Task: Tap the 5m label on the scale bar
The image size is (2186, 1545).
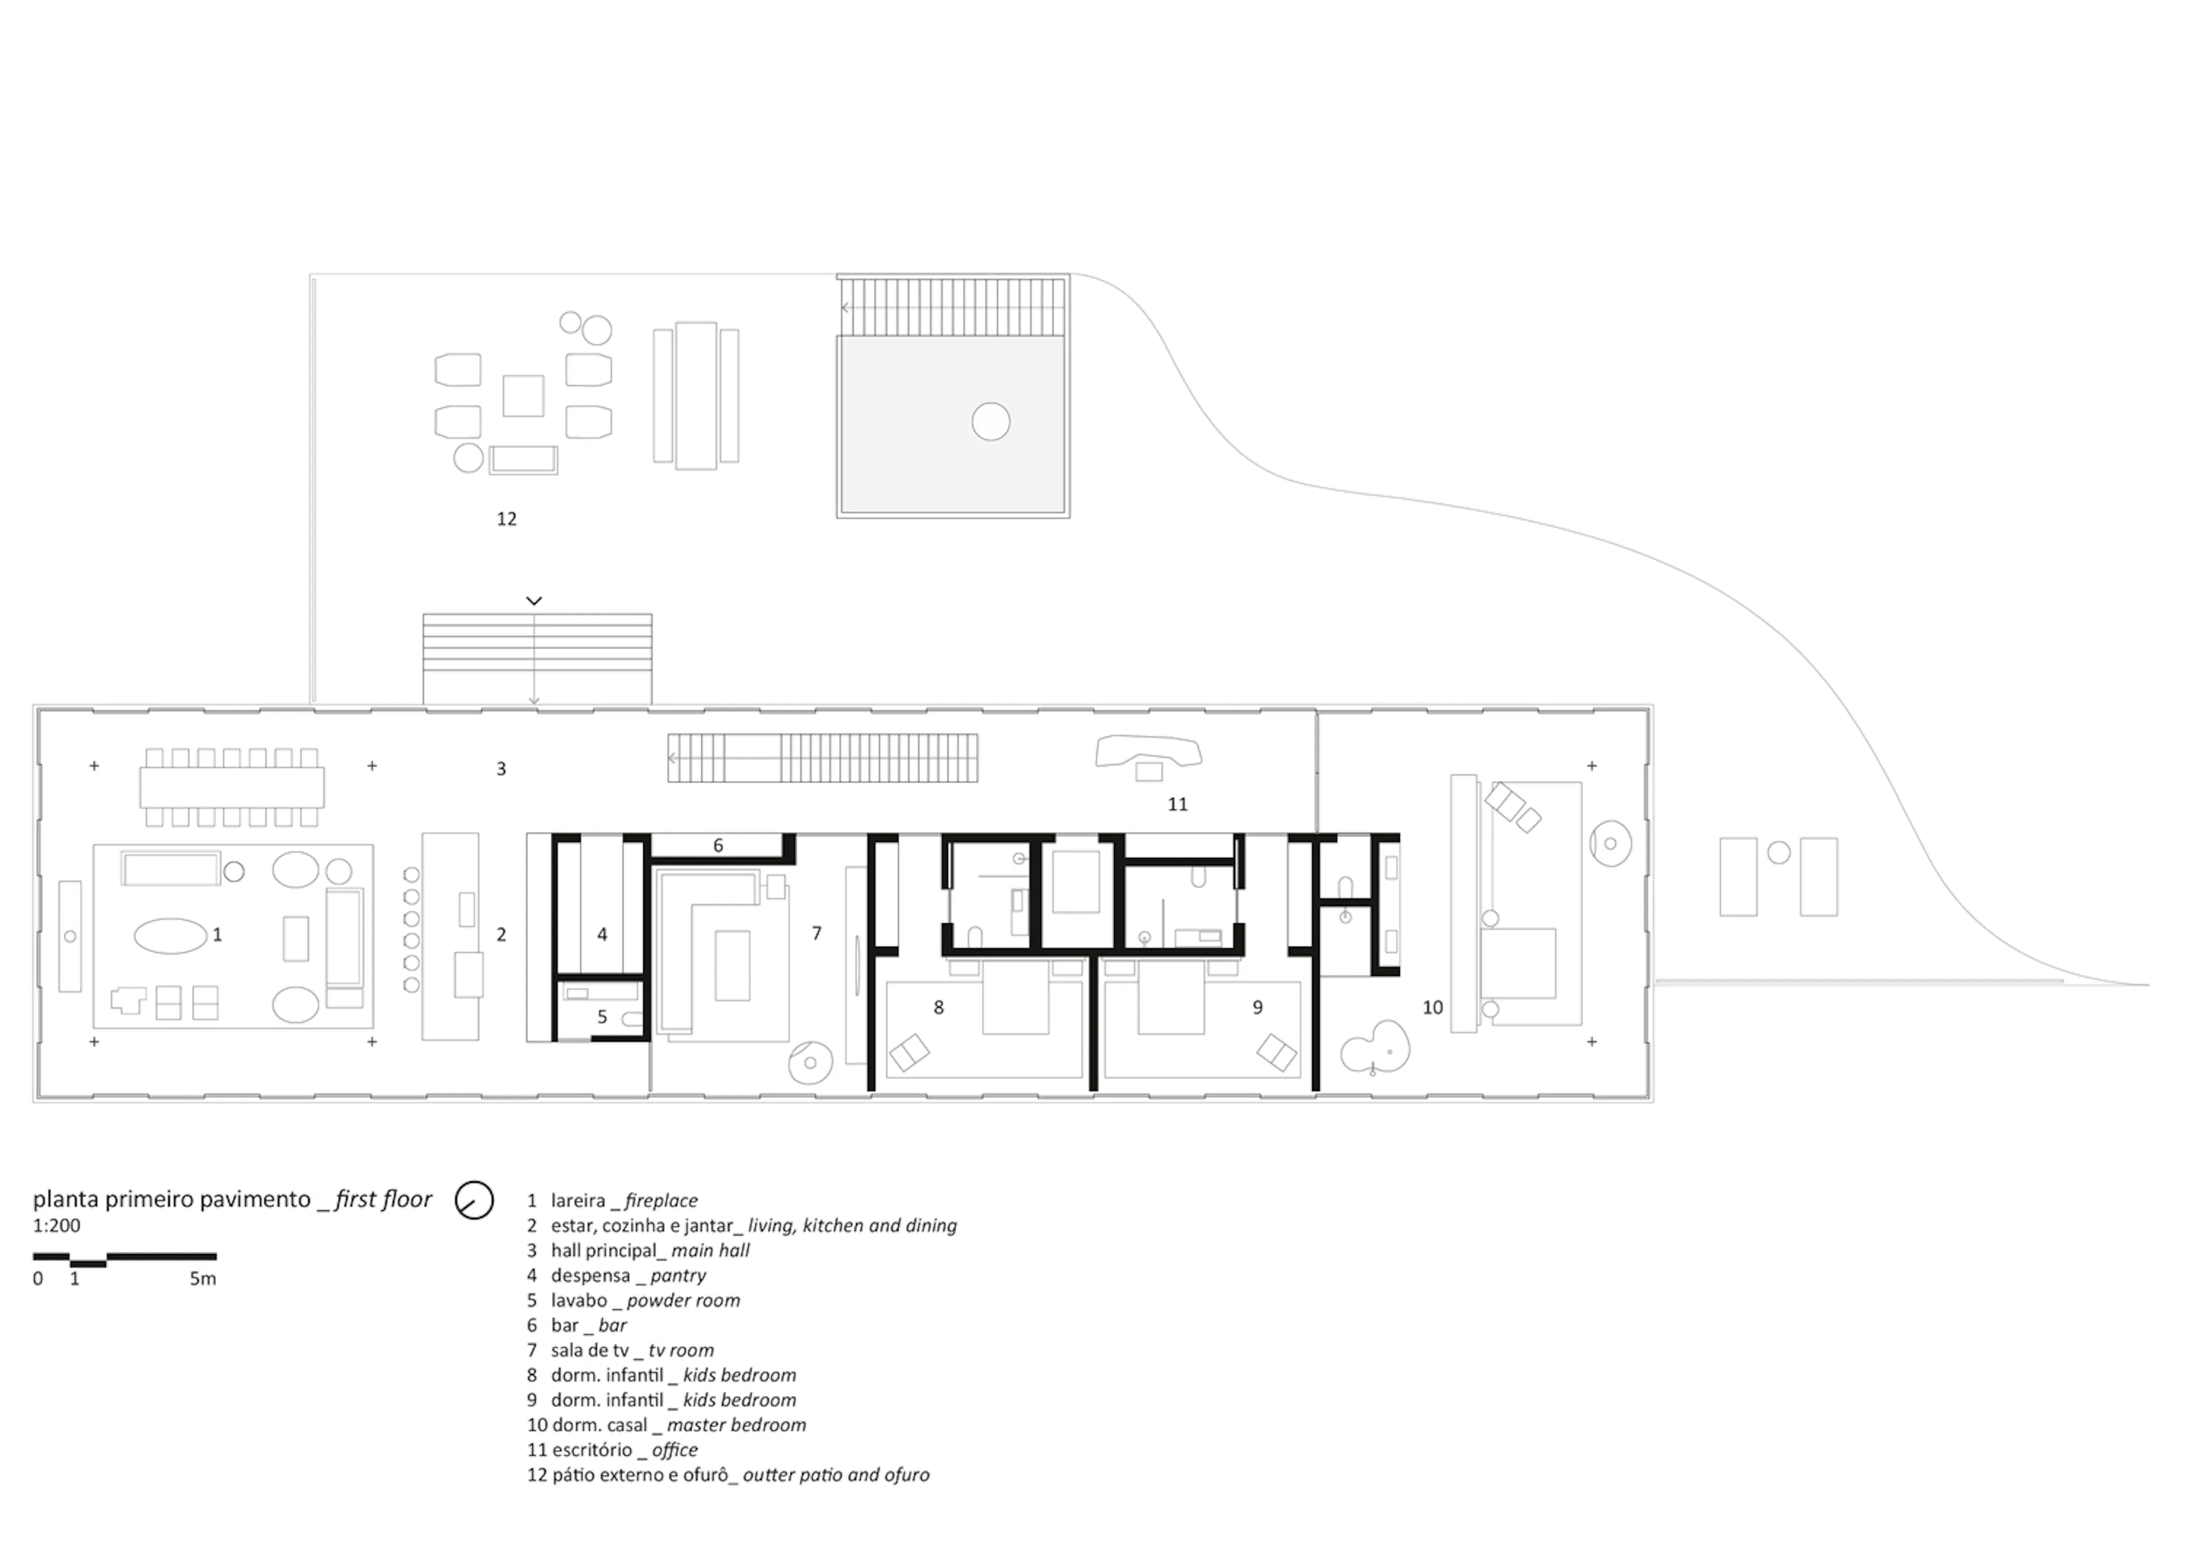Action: [202, 1279]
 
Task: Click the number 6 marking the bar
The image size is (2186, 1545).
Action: [718, 845]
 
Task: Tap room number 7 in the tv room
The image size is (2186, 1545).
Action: [816, 933]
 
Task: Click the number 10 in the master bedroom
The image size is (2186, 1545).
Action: [1432, 1007]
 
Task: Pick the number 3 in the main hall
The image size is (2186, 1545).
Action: [501, 768]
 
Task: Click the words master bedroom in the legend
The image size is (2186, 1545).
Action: [736, 1425]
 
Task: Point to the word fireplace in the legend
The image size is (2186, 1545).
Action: [661, 1201]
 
